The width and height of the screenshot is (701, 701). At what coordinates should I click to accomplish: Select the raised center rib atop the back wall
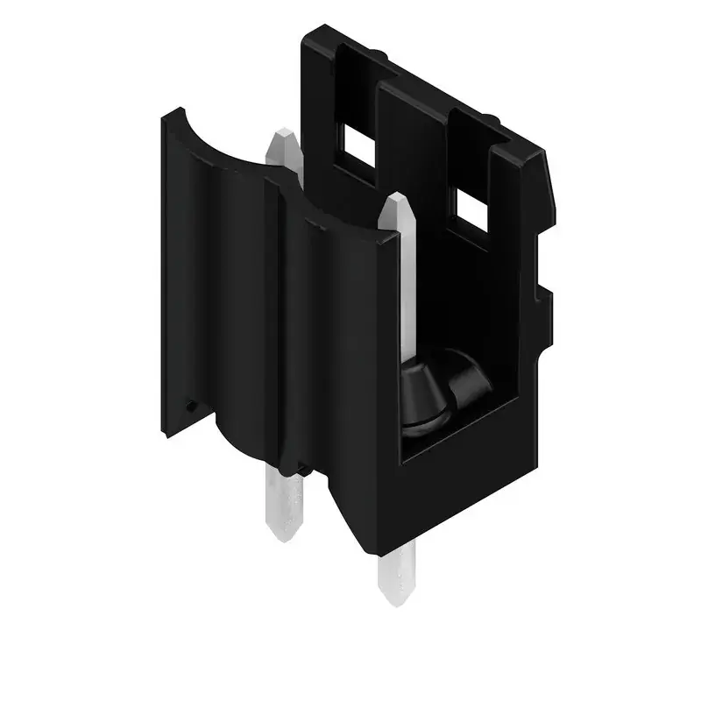(412, 83)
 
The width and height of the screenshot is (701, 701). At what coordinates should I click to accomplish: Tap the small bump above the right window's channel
(492, 118)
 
